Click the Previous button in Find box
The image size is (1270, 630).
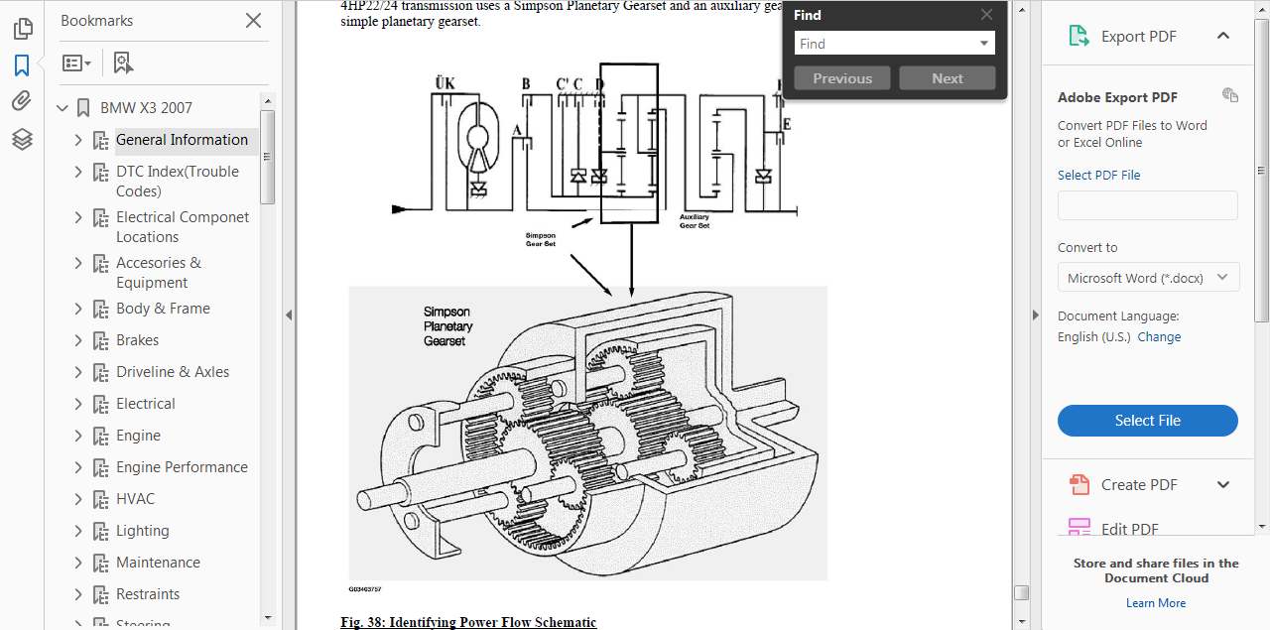[x=842, y=78]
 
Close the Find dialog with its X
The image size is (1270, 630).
[x=986, y=15]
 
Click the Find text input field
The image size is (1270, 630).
[x=885, y=44]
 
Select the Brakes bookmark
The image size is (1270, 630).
[x=137, y=340]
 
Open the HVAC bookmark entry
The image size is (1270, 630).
[x=135, y=499]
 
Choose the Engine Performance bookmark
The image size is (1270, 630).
[x=182, y=467]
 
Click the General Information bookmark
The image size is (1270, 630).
[x=182, y=140]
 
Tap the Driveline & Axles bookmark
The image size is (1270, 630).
[x=173, y=372]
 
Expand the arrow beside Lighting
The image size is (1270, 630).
[x=78, y=531]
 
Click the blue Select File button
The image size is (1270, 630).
[x=1147, y=421]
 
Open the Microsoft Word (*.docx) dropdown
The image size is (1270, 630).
[x=1148, y=278]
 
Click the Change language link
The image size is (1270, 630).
[x=1159, y=337]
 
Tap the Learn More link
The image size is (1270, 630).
[x=1156, y=603]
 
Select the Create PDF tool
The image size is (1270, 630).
[x=1139, y=485]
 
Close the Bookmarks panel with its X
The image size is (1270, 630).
[x=254, y=21]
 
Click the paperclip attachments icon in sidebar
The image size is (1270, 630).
[x=22, y=101]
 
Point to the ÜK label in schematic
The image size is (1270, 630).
[x=444, y=83]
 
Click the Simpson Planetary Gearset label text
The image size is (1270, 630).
[x=447, y=326]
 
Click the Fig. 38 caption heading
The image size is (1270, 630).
[x=468, y=622]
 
